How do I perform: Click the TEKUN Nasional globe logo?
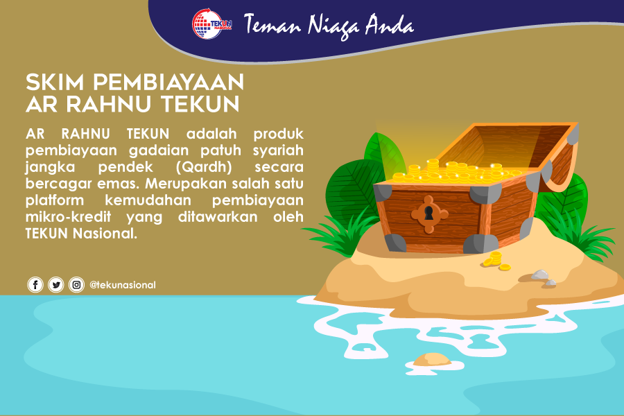[211, 24]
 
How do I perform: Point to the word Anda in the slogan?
[390, 24]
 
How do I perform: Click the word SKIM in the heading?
[55, 82]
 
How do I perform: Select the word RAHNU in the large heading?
[109, 104]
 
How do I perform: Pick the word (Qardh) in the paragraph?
[204, 167]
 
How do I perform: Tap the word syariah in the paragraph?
[278, 151]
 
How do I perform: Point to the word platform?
[55, 200]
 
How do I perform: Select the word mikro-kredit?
[69, 217]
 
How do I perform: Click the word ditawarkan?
[218, 217]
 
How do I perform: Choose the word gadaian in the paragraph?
[159, 151]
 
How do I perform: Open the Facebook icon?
[35, 285]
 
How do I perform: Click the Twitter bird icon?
[56, 285]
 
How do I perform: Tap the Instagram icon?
[76, 285]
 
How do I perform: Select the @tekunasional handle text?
[123, 285]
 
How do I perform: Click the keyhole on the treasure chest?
[428, 214]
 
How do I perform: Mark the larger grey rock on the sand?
[540, 275]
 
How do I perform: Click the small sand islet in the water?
[432, 359]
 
